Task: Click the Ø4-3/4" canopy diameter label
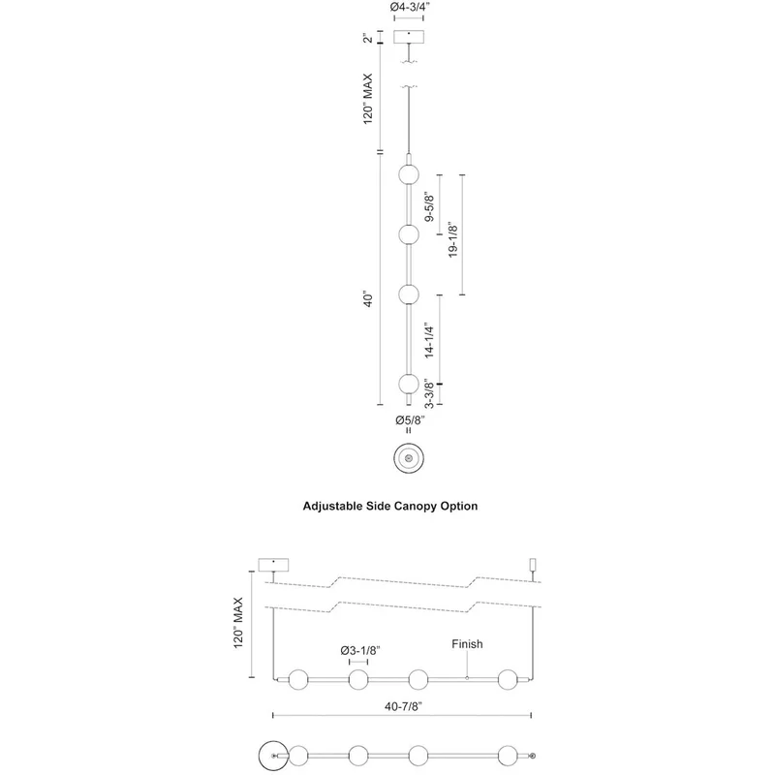point(408,7)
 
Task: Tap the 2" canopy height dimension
point(368,37)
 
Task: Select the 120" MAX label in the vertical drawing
point(368,99)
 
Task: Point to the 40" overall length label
point(368,299)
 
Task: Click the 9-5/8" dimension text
point(429,208)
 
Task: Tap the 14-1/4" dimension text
point(429,341)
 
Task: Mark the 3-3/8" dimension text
point(429,395)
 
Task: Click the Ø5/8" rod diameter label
point(410,420)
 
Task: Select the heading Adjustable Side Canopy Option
point(390,506)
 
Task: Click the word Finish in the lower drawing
point(467,644)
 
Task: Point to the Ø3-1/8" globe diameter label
point(360,650)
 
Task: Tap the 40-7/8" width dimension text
point(403,707)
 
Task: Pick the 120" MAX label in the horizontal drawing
point(238,623)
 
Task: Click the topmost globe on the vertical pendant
point(409,175)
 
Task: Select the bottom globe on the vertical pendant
point(409,384)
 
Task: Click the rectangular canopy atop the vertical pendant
point(409,37)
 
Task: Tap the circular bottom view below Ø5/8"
point(409,458)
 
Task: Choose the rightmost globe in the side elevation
point(508,680)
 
